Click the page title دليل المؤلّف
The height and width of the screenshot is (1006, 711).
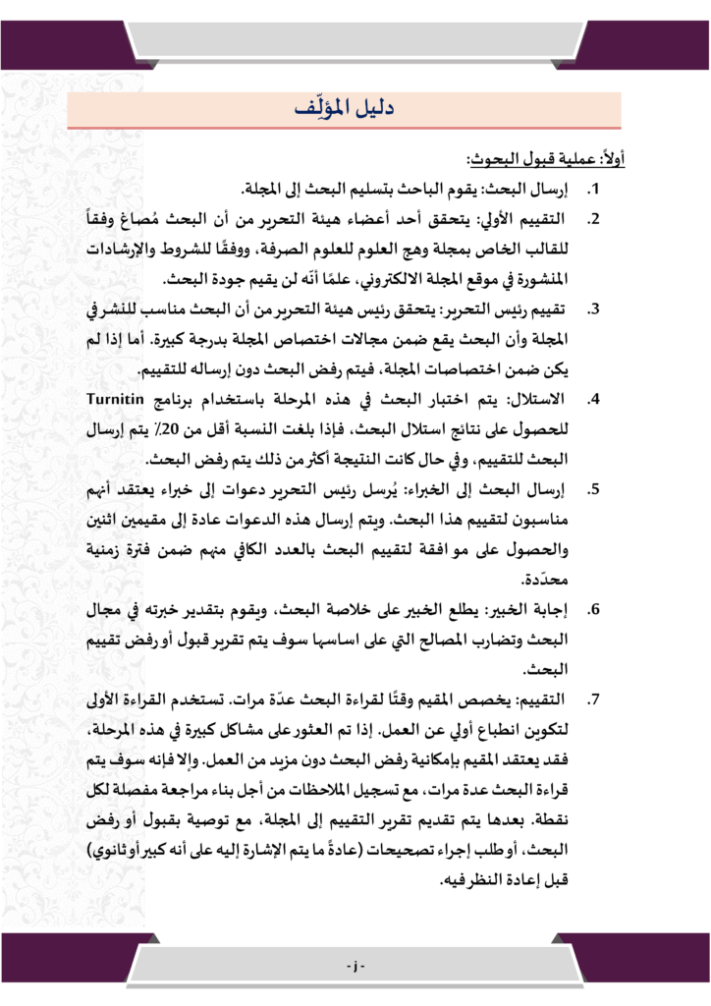click(355, 109)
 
